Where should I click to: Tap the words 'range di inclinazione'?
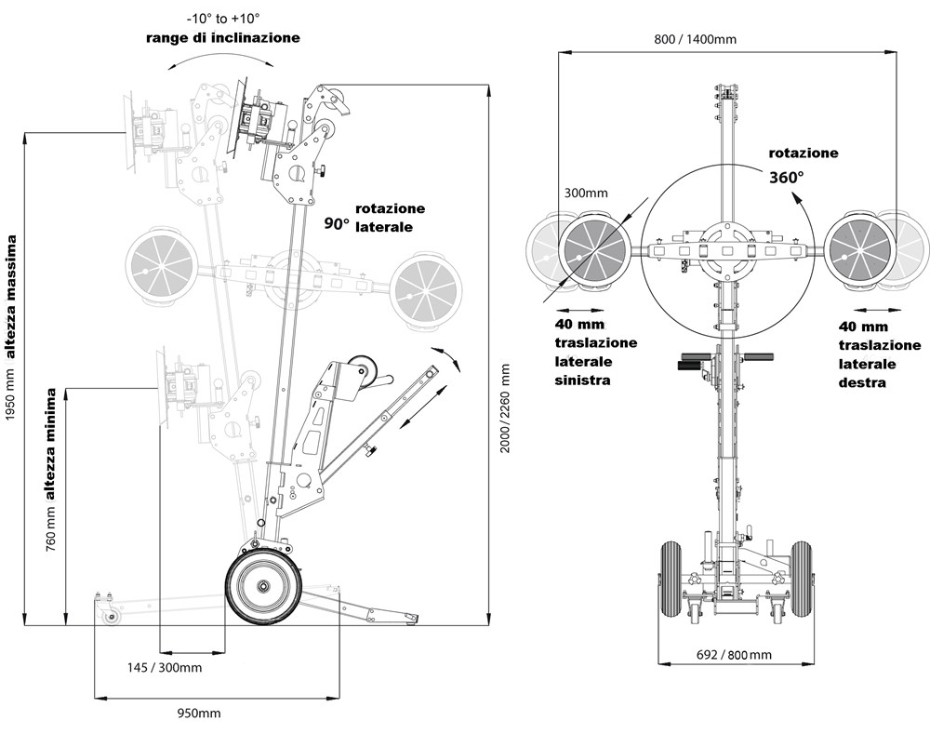point(222,38)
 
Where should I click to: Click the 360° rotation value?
point(785,175)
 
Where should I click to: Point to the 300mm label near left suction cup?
point(585,194)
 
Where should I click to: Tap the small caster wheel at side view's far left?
point(113,615)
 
